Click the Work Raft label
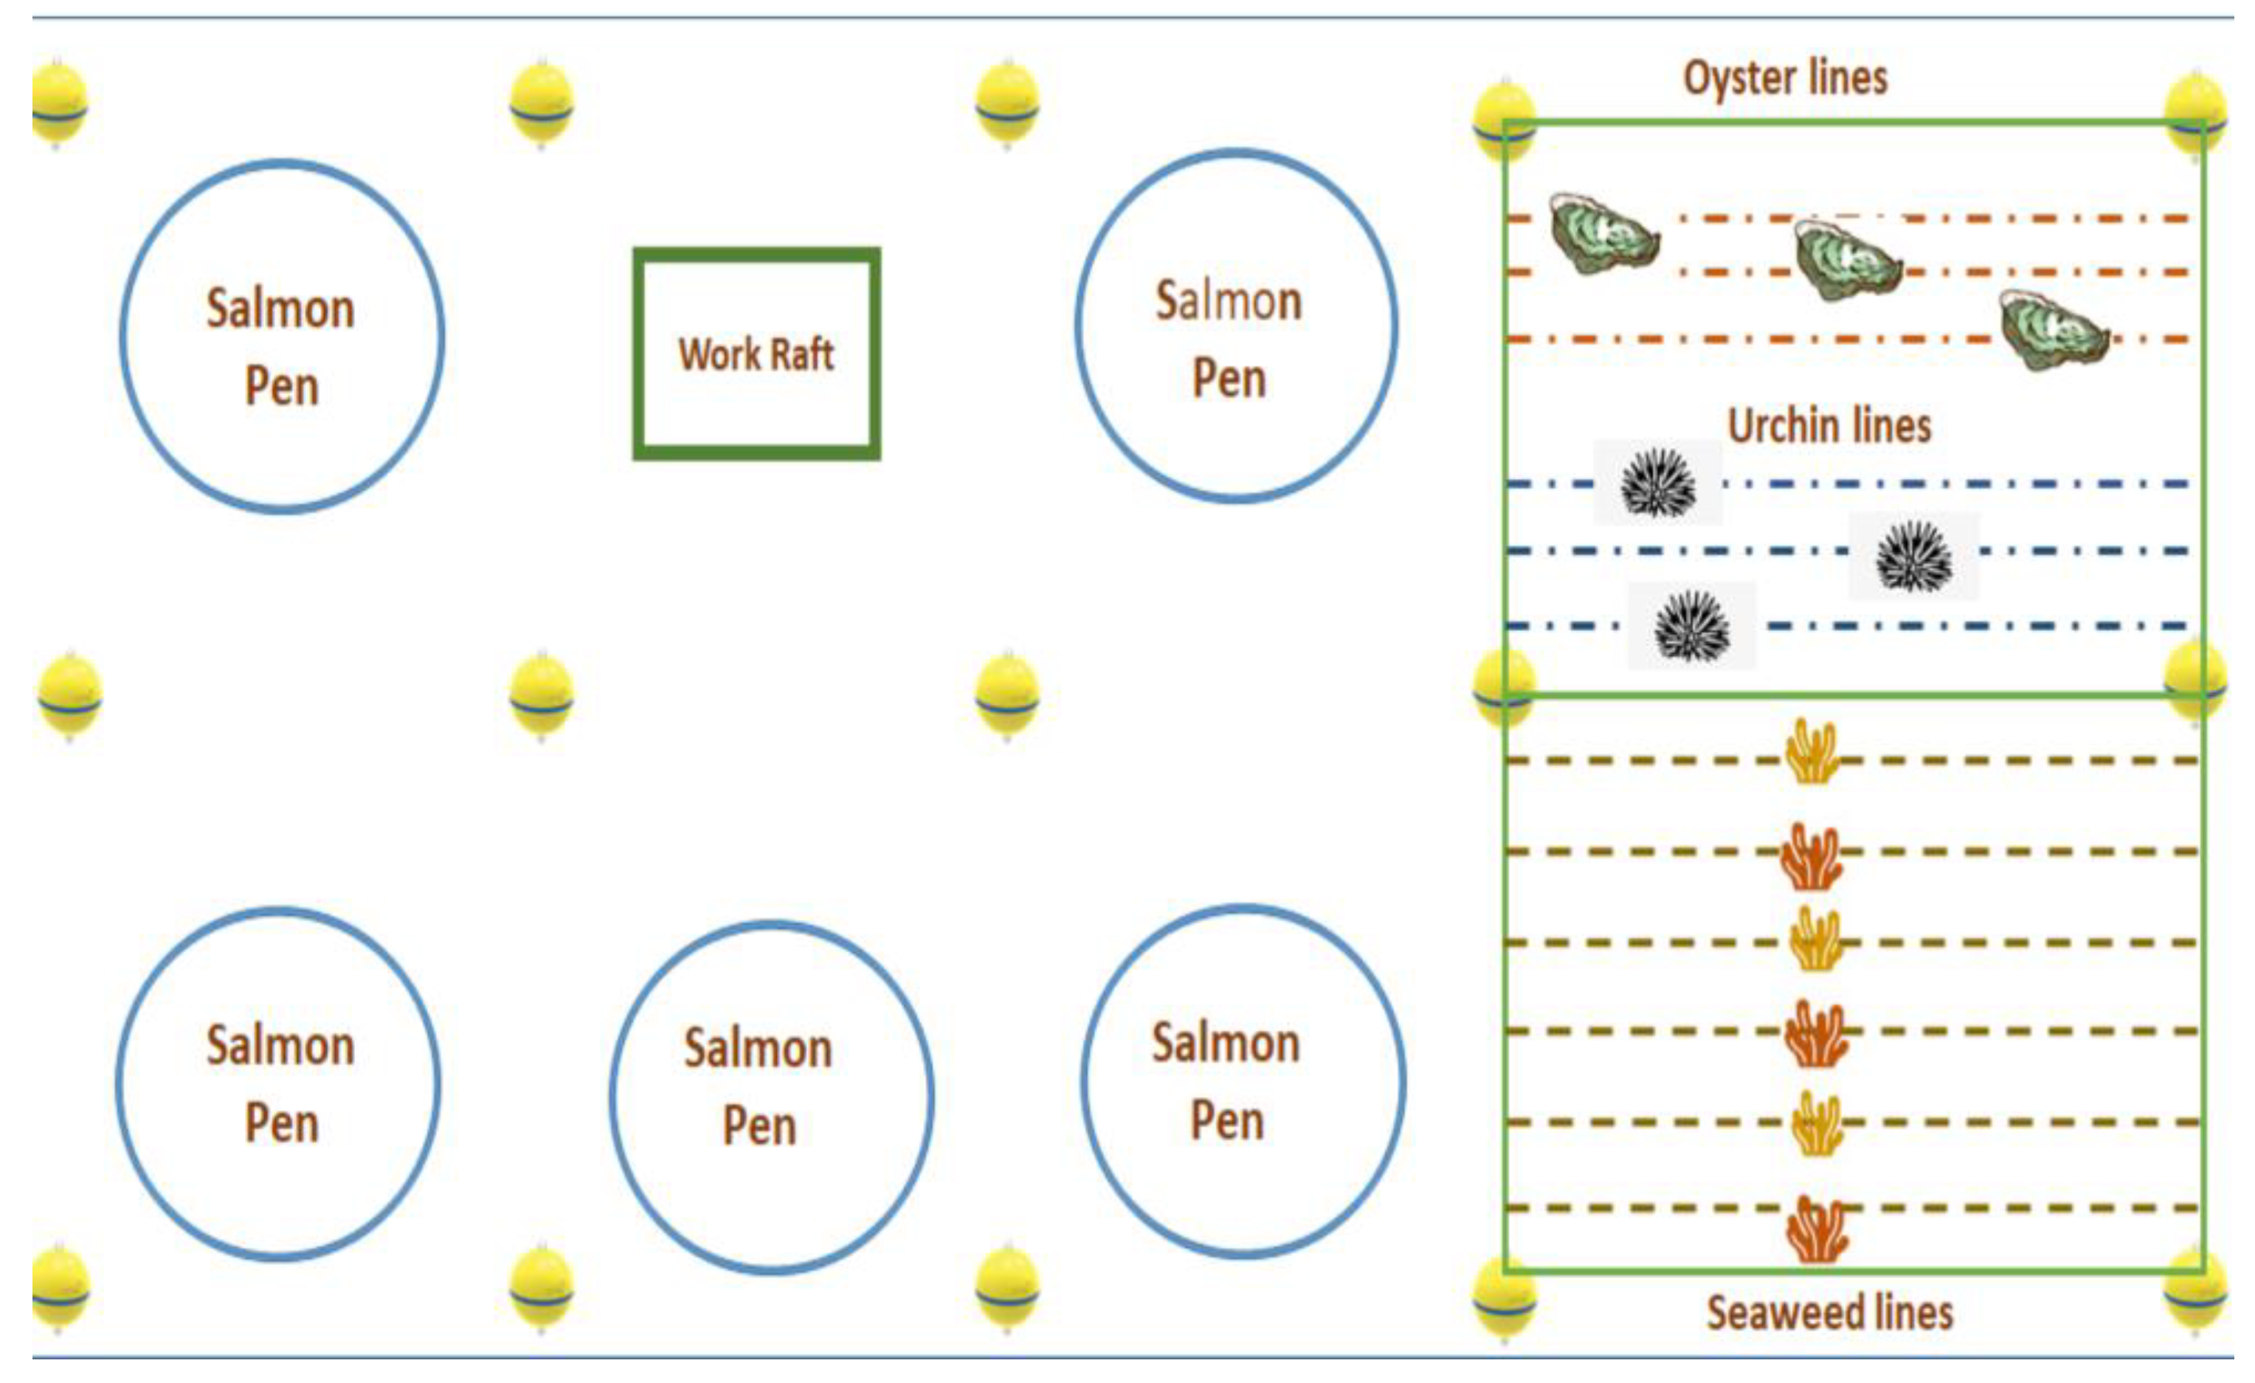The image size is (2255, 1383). click(756, 354)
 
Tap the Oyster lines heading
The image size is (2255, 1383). click(1785, 77)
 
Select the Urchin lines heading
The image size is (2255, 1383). click(1828, 426)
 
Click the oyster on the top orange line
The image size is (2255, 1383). click(1603, 233)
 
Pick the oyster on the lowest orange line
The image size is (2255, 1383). click(2054, 329)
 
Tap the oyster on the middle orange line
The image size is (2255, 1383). click(1847, 261)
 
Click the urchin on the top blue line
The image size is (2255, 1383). click(1657, 483)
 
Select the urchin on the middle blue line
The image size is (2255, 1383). click(1913, 556)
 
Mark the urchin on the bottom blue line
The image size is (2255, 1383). click(1692, 626)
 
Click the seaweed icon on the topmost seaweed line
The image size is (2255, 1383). click(1812, 752)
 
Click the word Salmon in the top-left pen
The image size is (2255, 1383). click(280, 308)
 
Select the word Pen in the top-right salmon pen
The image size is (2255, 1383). click(1229, 379)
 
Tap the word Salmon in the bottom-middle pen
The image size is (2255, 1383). click(758, 1048)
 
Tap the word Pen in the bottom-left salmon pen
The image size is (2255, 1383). click(281, 1123)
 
